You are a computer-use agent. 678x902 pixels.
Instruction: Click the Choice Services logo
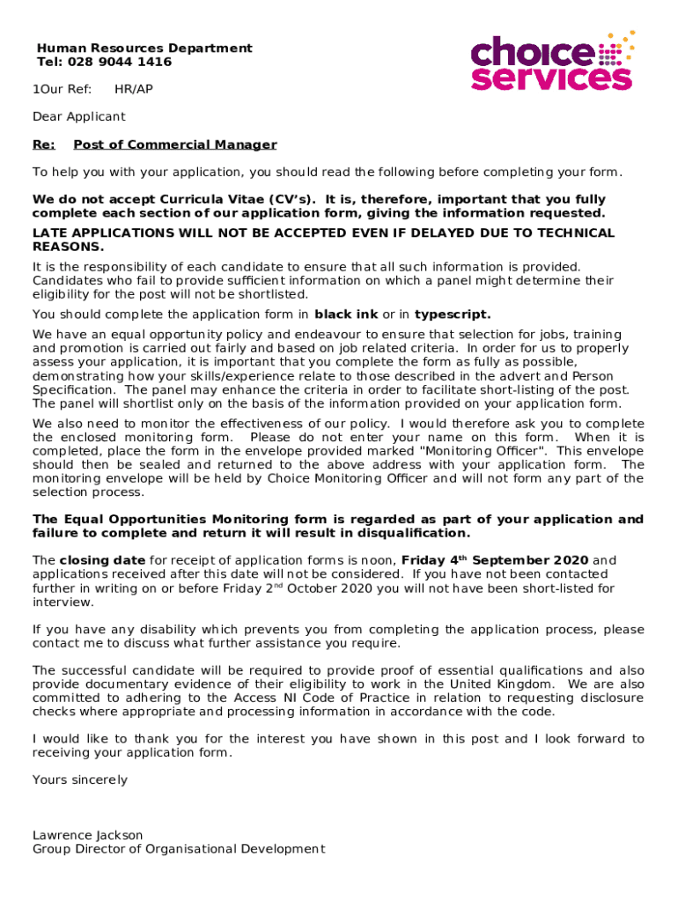(x=552, y=62)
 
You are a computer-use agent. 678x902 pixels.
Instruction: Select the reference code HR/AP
(x=133, y=89)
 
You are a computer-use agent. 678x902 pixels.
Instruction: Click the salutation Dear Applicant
(x=79, y=116)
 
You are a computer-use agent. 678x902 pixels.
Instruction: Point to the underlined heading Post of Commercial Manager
(x=175, y=144)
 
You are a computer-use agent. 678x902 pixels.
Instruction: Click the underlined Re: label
(x=44, y=144)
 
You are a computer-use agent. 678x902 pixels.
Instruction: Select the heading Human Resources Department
(x=144, y=48)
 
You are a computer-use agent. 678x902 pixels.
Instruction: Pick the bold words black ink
(x=346, y=314)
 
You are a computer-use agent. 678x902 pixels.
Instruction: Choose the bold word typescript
(x=453, y=314)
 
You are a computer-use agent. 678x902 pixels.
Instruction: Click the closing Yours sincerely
(x=80, y=780)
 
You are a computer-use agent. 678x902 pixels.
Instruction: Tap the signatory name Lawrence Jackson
(x=88, y=835)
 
